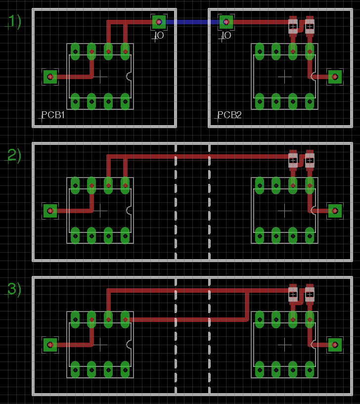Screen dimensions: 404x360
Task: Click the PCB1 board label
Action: (x=53, y=115)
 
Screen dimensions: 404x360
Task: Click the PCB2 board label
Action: (x=230, y=115)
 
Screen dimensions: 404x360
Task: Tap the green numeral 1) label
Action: (x=14, y=21)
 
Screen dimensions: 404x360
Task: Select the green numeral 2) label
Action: (x=14, y=155)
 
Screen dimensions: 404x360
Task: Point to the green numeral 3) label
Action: (x=14, y=289)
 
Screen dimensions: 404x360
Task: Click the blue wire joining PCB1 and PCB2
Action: (x=192, y=22)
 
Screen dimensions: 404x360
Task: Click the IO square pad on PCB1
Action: (x=159, y=21)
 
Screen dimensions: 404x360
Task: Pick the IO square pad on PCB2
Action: (x=226, y=22)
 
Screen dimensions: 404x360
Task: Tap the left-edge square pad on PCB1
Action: (x=50, y=77)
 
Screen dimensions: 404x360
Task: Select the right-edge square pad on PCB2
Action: (x=335, y=77)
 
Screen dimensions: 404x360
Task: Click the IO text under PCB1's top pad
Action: (x=159, y=36)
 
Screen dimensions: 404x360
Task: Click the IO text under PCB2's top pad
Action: (x=226, y=36)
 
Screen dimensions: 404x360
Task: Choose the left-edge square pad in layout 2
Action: (x=50, y=211)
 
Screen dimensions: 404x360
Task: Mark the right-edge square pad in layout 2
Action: (x=335, y=211)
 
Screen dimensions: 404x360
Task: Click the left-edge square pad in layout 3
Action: (x=50, y=345)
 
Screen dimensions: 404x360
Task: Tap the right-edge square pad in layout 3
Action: (x=335, y=345)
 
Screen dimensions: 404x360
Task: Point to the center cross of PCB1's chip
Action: (x=100, y=77)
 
